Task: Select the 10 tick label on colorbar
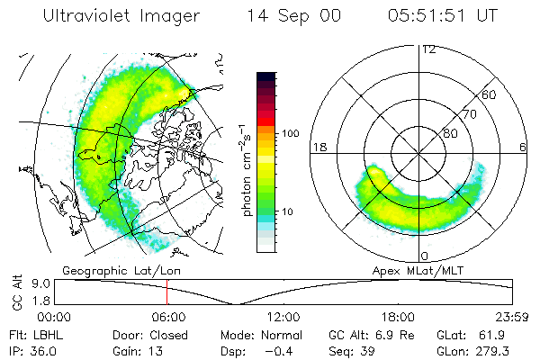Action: (x=289, y=211)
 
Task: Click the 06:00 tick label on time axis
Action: (x=168, y=317)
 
